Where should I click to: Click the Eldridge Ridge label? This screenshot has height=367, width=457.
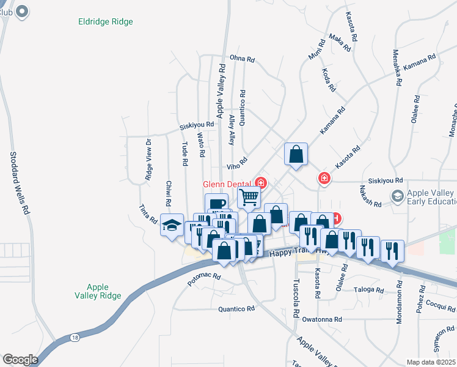106,21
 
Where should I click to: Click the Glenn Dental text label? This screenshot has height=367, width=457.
227,184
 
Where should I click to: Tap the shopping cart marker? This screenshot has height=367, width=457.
249,198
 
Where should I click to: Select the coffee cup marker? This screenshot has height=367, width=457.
216,204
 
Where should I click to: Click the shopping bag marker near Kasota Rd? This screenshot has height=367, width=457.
296,155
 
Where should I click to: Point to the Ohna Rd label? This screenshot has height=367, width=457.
242,59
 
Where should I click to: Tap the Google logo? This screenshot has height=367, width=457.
20,360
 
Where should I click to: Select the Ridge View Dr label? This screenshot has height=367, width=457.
148,160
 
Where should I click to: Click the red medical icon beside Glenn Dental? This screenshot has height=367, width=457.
260,182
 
